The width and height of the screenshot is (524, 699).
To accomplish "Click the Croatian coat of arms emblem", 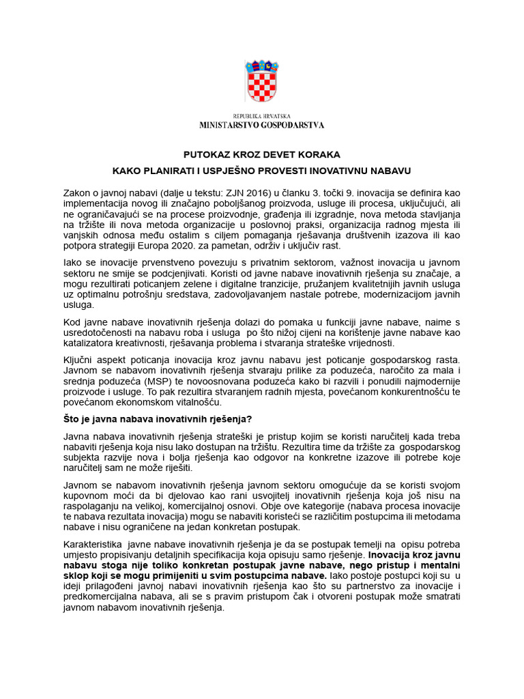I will (261, 84).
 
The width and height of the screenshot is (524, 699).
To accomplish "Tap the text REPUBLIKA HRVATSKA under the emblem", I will (261, 117).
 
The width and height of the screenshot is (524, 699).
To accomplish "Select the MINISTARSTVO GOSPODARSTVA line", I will (261, 125).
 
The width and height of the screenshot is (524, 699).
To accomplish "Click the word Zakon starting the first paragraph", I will (77, 193).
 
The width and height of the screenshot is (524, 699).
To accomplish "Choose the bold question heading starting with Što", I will (162, 418).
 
